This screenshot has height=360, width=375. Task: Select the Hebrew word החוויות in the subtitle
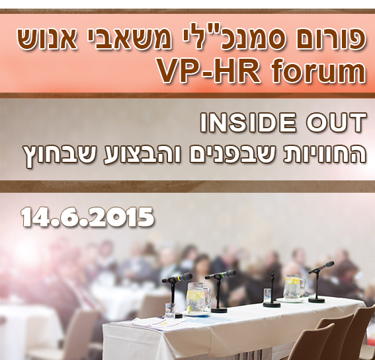pyautogui.click(x=325, y=155)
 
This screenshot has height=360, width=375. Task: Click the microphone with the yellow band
pyautogui.click(x=177, y=278)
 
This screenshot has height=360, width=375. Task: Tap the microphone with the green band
pyautogui.click(x=220, y=275)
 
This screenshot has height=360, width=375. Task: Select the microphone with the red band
pyautogui.click(x=321, y=267)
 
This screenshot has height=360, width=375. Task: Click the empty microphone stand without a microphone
pyautogui.click(x=272, y=289)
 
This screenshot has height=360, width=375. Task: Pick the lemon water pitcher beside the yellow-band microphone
pyautogui.click(x=198, y=297)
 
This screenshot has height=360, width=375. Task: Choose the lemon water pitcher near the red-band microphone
pyautogui.click(x=294, y=286)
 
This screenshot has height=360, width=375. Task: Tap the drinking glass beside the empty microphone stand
pyautogui.click(x=267, y=295)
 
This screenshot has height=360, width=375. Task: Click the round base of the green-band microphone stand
pyautogui.click(x=219, y=310)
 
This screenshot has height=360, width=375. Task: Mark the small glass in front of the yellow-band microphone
pyautogui.click(x=170, y=310)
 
